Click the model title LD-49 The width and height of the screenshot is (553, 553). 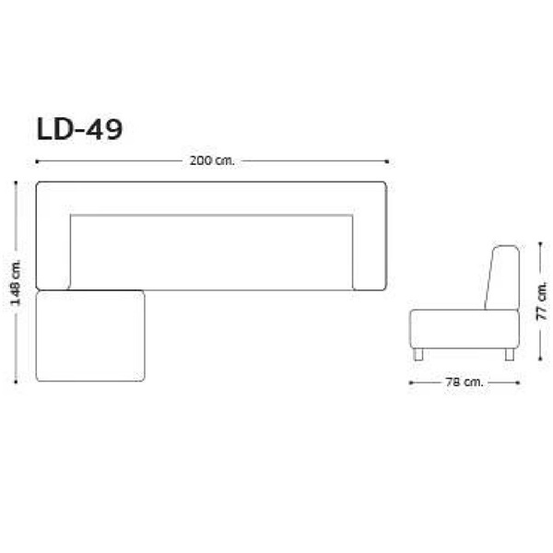pos(78,129)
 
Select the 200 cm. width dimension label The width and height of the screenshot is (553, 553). pos(212,160)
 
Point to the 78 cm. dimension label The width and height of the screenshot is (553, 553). pos(465,381)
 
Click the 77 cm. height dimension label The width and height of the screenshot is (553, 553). pos(544,300)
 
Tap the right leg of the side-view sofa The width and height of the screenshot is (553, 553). pos(509,354)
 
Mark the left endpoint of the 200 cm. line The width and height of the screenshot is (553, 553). pos(36,160)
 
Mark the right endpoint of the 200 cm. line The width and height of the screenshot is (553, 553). pos(387,160)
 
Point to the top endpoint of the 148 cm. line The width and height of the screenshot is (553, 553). pos(16,182)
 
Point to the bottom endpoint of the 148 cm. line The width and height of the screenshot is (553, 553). pos(16,382)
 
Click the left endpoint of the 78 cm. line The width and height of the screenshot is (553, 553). pos(410,381)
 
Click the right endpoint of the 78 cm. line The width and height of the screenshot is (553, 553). pos(518,381)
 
